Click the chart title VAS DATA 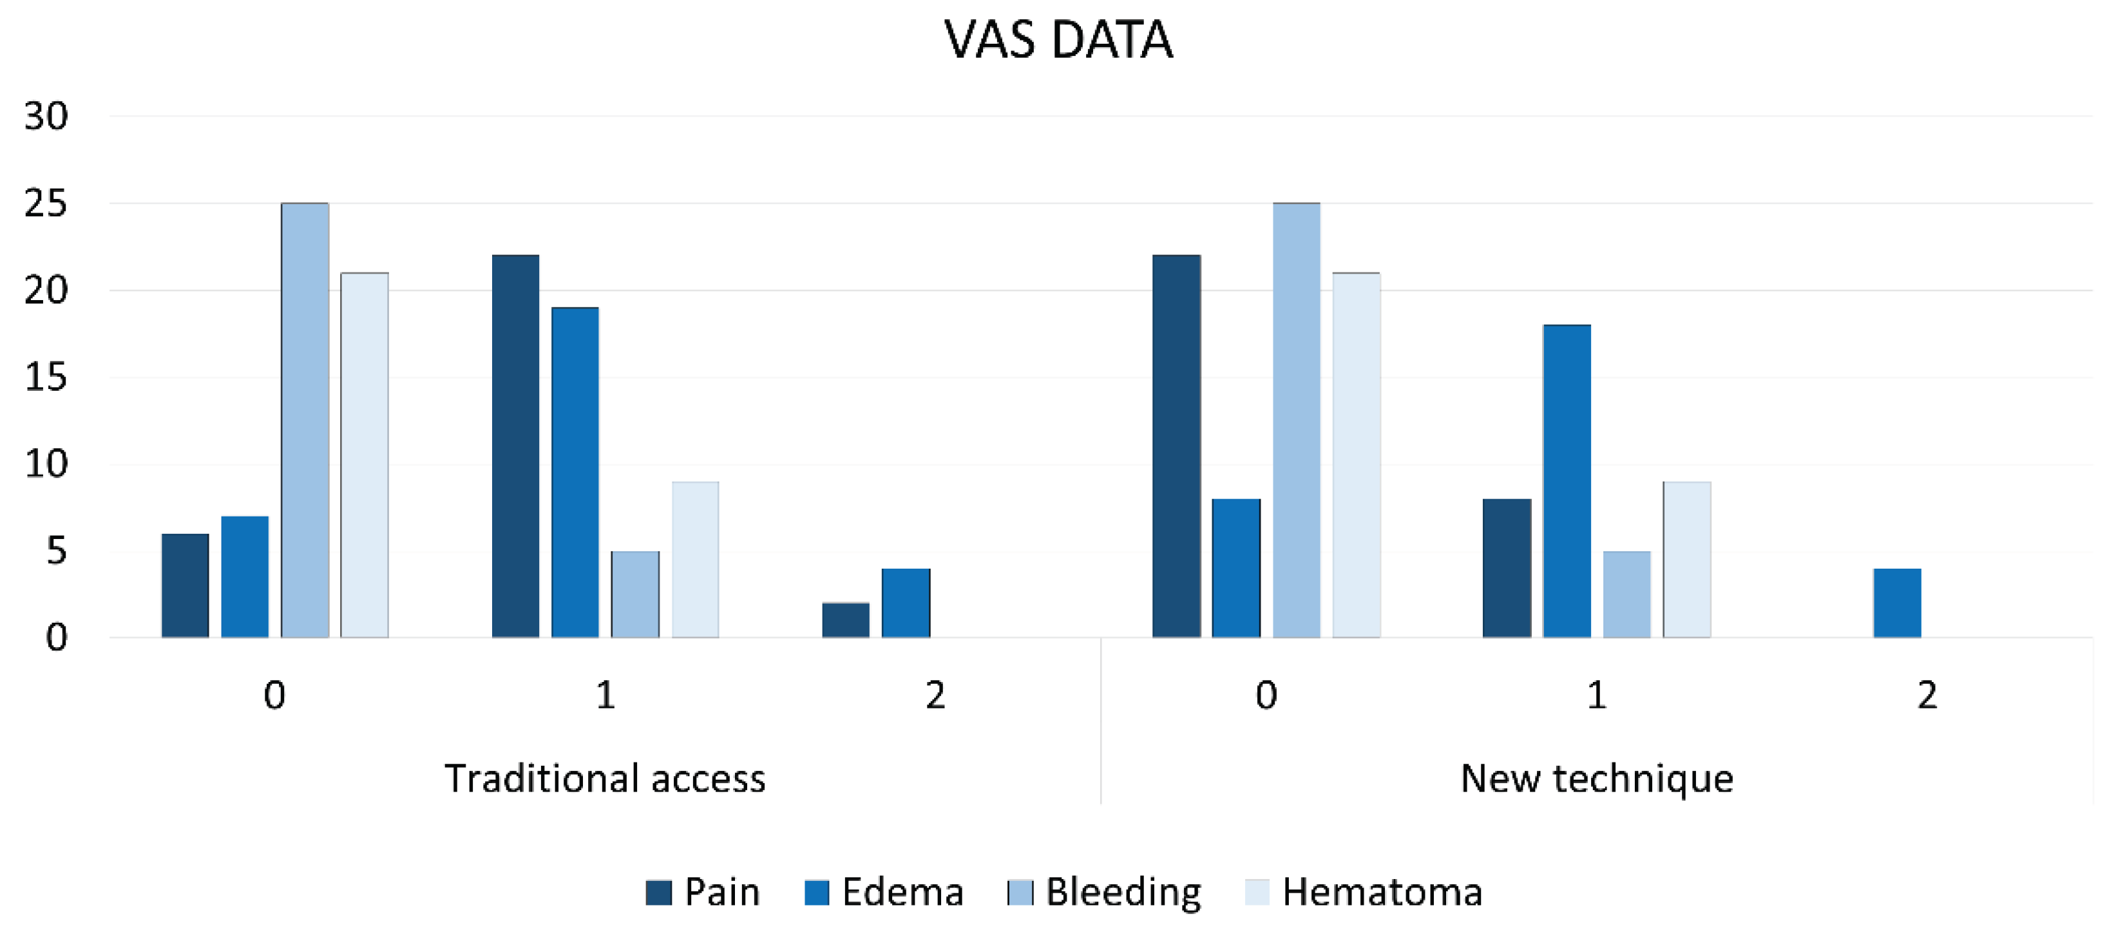pyautogui.click(x=1058, y=39)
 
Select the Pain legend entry pyautogui.click(x=703, y=892)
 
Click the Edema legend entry pyautogui.click(x=884, y=892)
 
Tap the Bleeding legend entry pyautogui.click(x=1105, y=892)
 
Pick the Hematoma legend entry pyautogui.click(x=1364, y=892)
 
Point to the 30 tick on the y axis pyautogui.click(x=46, y=117)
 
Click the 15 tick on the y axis pyautogui.click(x=46, y=378)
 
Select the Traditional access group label pyautogui.click(x=605, y=779)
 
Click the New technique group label pyautogui.click(x=1596, y=779)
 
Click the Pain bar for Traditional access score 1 pyautogui.click(x=515, y=446)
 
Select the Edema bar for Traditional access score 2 pyautogui.click(x=906, y=603)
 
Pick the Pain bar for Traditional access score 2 pyautogui.click(x=845, y=620)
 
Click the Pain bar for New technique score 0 pyautogui.click(x=1176, y=446)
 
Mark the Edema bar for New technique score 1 pyautogui.click(x=1567, y=481)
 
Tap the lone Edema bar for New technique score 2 pyautogui.click(x=1897, y=603)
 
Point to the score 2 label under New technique pyautogui.click(x=1927, y=696)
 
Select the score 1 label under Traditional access pyautogui.click(x=605, y=696)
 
